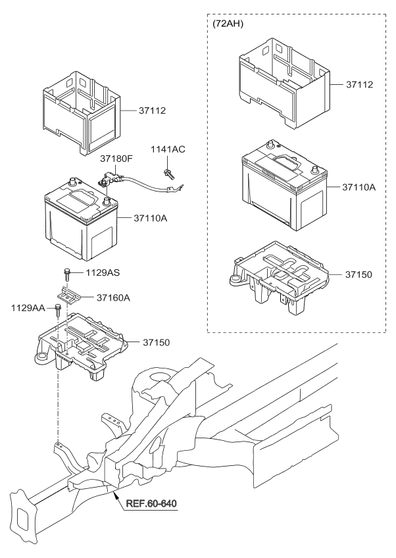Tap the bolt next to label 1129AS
coord(67,272)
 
